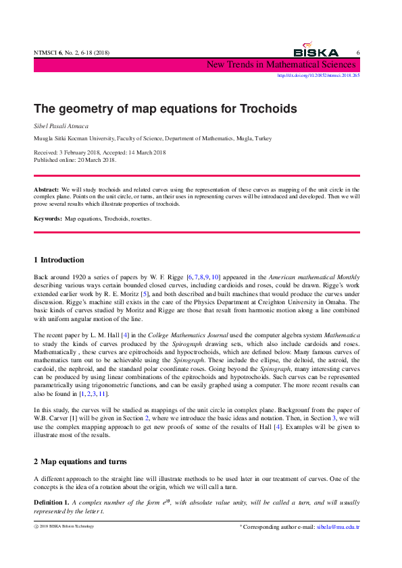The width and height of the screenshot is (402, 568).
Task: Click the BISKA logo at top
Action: click(316, 51)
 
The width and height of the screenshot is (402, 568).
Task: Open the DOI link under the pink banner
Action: click(318, 76)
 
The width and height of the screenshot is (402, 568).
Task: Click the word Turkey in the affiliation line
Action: click(263, 138)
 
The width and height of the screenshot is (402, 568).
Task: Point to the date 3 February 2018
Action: click(78, 152)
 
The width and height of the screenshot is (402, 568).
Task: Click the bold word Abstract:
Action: click(47, 190)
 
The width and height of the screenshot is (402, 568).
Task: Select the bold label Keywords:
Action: click(48, 219)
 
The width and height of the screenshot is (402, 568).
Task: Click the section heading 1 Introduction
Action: click(59, 260)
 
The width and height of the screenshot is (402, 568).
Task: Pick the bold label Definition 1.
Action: click(51, 503)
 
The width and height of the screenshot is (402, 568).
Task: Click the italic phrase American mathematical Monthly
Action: click(315, 277)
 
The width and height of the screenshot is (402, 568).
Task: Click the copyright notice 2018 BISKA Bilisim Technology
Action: click(66, 526)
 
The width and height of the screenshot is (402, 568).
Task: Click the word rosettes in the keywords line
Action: click(141, 219)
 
